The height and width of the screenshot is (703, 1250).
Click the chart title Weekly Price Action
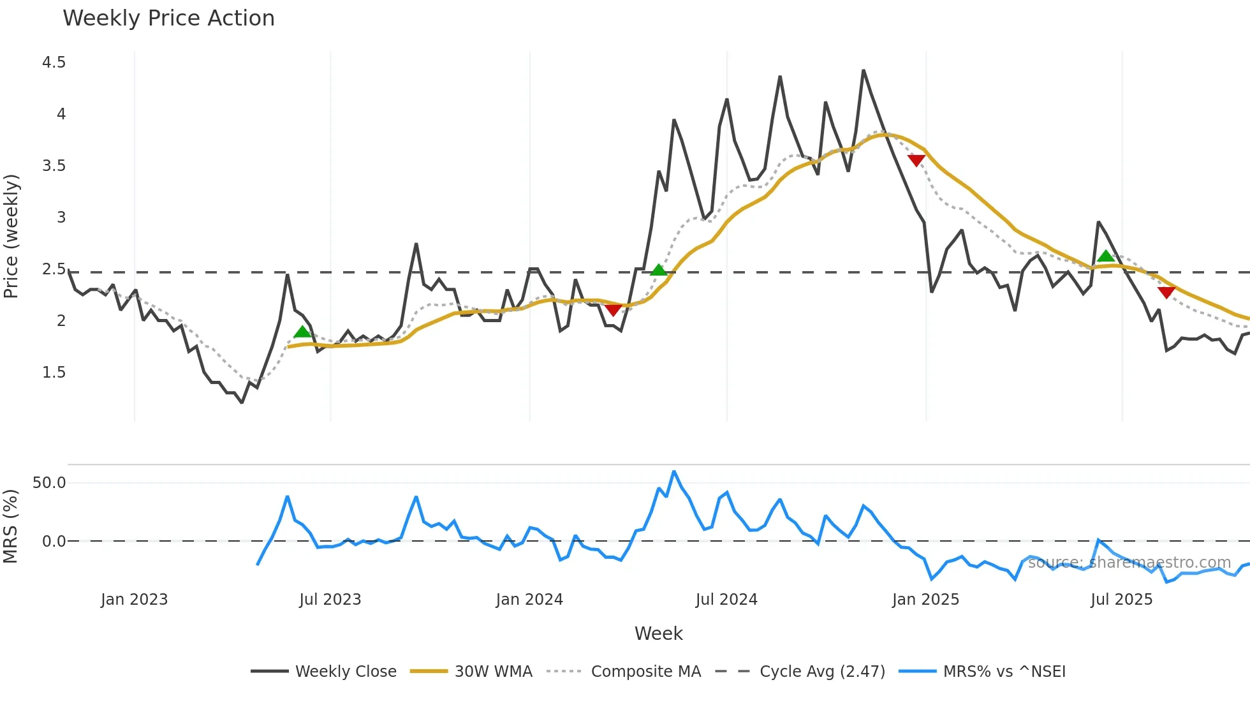coord(168,18)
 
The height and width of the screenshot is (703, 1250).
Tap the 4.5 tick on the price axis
coord(54,63)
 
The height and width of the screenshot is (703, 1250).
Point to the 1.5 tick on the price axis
coord(54,373)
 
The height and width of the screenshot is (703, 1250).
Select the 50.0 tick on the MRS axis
coord(49,483)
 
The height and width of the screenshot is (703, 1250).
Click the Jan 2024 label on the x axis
coord(529,600)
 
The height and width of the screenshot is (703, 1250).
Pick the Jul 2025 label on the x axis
coord(1121,600)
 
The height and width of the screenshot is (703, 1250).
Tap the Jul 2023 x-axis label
coord(330,600)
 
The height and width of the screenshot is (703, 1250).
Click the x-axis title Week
coord(658,633)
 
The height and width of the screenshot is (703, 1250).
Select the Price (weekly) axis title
coord(11,236)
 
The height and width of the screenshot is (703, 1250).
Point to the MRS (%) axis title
coord(11,526)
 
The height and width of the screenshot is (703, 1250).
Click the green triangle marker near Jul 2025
coord(1106,256)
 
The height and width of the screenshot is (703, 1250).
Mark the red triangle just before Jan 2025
coord(916,160)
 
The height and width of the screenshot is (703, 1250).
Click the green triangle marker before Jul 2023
coord(302,332)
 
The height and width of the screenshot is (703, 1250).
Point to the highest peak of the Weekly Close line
coord(864,70)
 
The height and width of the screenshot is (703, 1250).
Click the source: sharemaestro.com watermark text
coord(1129,563)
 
